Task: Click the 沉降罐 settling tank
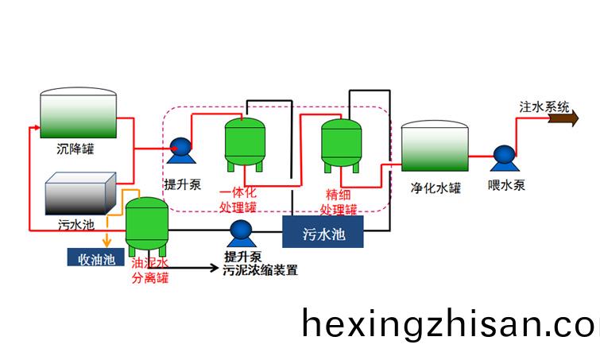[x=79, y=113]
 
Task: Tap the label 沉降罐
[x=75, y=149]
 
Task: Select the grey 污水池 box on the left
[x=81, y=193]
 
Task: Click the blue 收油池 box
[x=96, y=257]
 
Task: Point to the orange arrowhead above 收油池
[x=106, y=242]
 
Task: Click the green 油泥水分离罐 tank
[x=147, y=226]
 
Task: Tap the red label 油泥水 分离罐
[x=150, y=270]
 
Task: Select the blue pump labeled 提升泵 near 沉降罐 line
[x=180, y=150]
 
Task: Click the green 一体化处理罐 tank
[x=245, y=144]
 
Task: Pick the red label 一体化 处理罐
[x=238, y=199]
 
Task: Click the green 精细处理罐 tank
[x=341, y=145]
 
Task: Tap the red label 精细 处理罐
[x=339, y=202]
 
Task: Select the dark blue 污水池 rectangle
[x=323, y=232]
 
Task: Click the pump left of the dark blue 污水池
[x=242, y=234]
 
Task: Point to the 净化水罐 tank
[x=435, y=145]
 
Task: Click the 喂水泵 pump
[x=505, y=157]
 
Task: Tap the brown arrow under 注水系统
[x=563, y=118]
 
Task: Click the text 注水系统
[x=544, y=107]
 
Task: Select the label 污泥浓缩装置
[x=260, y=270]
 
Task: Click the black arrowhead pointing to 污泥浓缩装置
[x=214, y=268]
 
